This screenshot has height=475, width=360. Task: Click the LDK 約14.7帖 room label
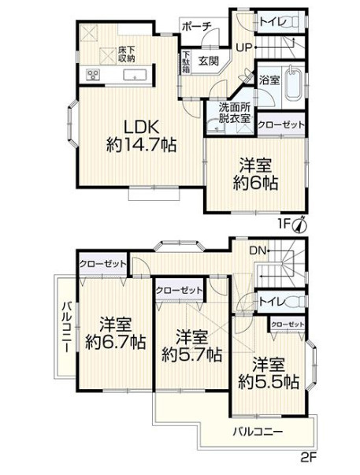click(x=141, y=136)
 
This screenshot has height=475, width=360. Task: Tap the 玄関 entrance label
click(x=209, y=61)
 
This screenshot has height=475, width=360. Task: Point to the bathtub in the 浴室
click(x=294, y=83)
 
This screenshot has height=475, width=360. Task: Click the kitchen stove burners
click(x=93, y=75)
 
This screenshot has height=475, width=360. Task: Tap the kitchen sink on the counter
click(x=135, y=75)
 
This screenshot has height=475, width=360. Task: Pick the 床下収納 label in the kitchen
click(x=126, y=54)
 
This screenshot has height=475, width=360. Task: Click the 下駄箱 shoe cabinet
click(x=186, y=63)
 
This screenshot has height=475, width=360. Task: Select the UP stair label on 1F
click(x=244, y=47)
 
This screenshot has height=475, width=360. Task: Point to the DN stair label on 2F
click(x=258, y=250)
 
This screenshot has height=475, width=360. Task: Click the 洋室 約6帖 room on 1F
click(x=256, y=174)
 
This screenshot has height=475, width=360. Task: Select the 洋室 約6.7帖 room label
click(x=116, y=333)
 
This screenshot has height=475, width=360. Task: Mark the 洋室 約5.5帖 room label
click(x=269, y=374)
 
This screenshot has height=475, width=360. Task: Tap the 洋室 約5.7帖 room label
click(x=192, y=346)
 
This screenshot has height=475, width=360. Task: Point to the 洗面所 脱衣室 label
click(x=235, y=113)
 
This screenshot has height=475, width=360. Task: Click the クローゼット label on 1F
click(x=281, y=124)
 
